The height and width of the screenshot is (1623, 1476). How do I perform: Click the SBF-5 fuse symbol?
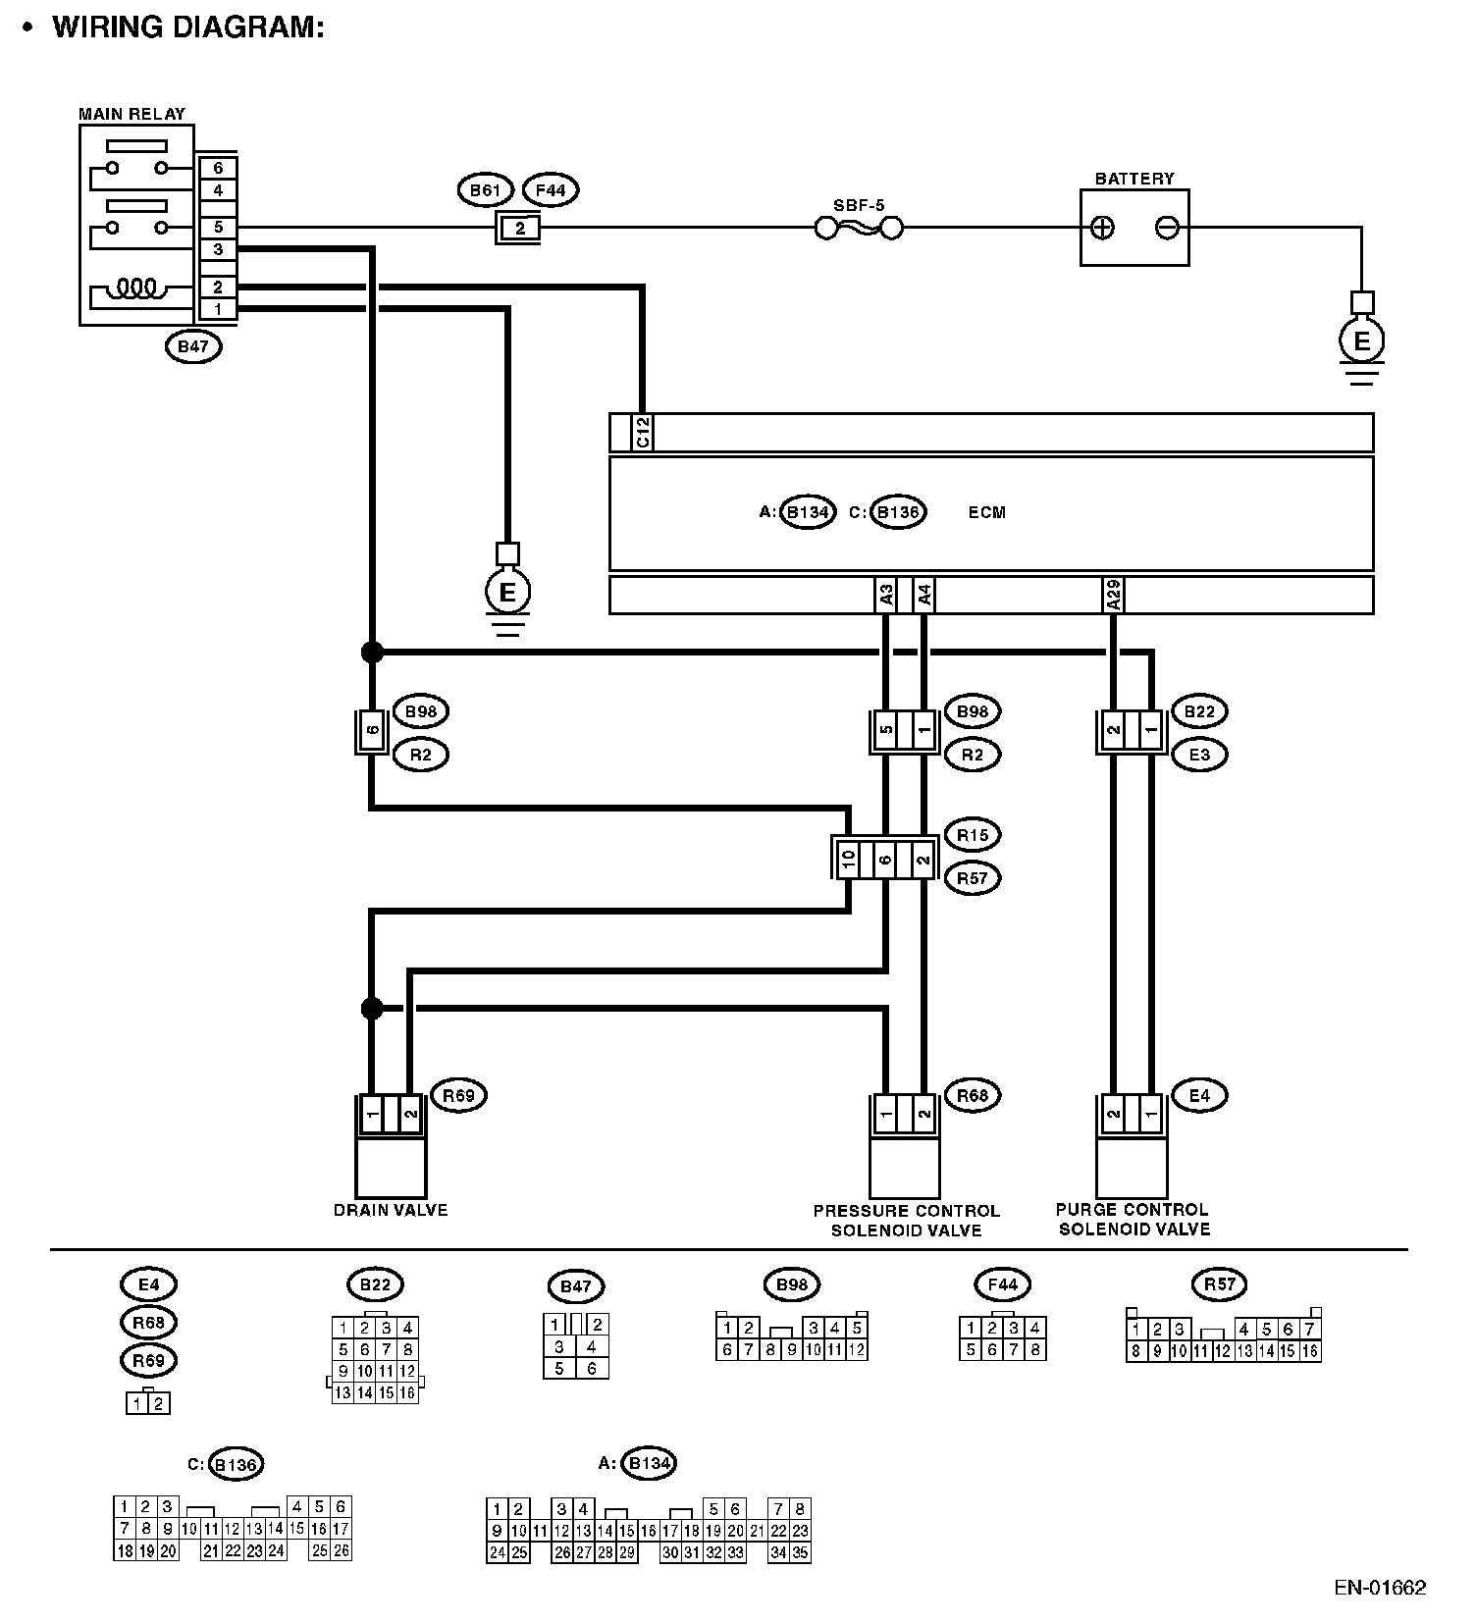pos(859,229)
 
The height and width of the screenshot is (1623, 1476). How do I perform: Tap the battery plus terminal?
pos(1103,229)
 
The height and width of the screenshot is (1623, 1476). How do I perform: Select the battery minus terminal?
pos(1167,229)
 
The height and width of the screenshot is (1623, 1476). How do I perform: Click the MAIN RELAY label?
pos(132,114)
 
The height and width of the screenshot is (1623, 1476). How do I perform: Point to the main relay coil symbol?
pos(136,288)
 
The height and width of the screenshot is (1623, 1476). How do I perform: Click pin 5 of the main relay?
pos(218,228)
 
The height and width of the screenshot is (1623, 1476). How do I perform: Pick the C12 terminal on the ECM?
pos(643,433)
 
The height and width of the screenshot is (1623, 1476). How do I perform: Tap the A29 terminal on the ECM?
pos(1113,596)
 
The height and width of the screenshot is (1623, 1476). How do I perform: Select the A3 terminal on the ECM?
pos(886,596)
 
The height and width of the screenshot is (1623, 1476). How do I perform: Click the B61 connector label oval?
pos(486,190)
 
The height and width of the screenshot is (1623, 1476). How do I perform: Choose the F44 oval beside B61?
pos(551,190)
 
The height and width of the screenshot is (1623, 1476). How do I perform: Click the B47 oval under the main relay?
pos(193,346)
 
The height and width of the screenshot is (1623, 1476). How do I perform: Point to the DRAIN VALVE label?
pos(391,1210)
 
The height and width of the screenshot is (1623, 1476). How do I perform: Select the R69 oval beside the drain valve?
pos(458,1095)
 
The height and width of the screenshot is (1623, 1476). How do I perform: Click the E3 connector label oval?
pos(1199,755)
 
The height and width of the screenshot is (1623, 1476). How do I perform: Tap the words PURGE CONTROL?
pos(1132,1210)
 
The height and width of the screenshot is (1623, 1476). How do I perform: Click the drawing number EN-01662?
pos(1379,1588)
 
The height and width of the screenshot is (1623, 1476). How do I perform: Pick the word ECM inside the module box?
pos(986,512)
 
